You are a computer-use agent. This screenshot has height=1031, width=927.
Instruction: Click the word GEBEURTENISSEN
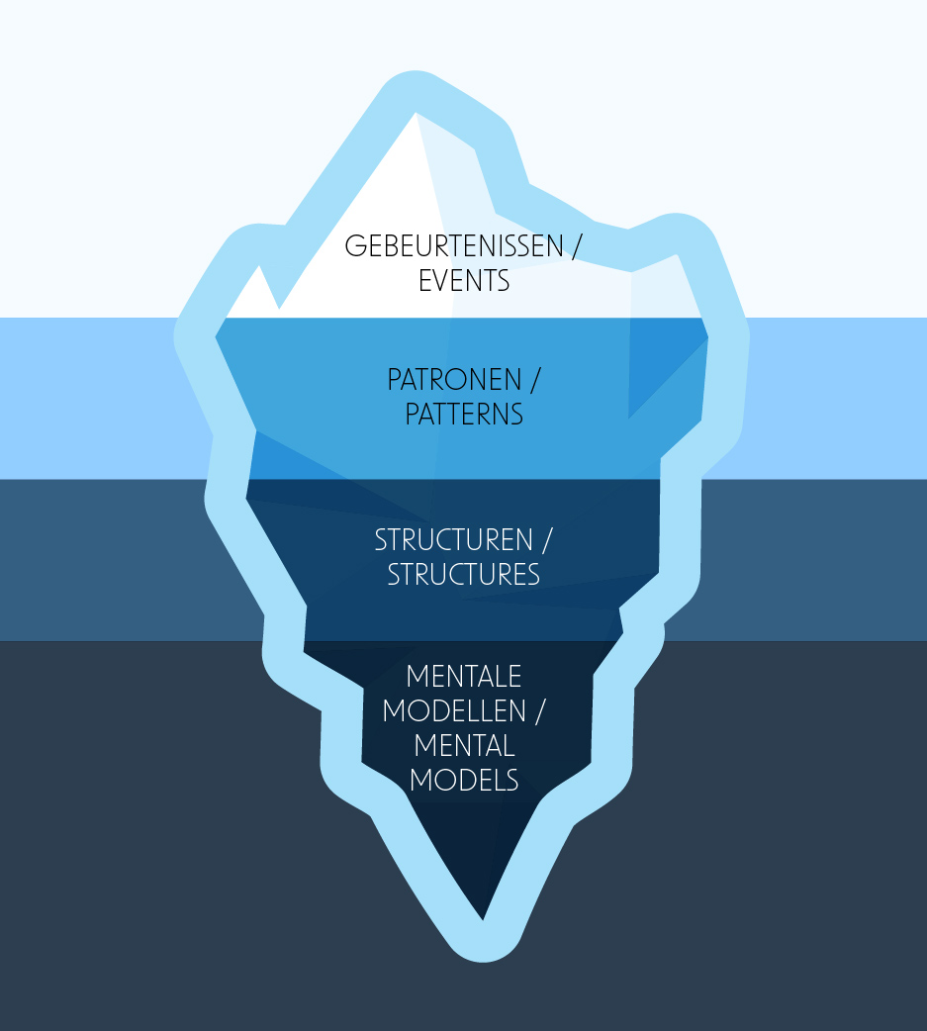click(x=453, y=247)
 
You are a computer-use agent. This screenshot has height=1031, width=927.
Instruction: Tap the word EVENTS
click(x=464, y=281)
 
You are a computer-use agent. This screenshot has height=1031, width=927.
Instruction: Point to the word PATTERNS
click(x=464, y=415)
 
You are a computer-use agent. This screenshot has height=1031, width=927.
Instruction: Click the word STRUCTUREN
click(x=452, y=541)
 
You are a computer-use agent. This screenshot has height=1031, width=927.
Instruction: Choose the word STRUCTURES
click(x=464, y=575)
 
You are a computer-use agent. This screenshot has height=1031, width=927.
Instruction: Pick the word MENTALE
click(x=464, y=678)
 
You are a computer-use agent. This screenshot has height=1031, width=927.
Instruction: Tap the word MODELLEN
click(x=455, y=711)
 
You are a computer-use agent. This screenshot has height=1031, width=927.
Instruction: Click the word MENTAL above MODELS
click(x=464, y=745)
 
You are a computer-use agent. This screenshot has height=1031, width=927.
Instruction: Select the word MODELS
click(x=464, y=780)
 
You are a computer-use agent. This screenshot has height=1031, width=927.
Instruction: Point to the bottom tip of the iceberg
click(x=484, y=920)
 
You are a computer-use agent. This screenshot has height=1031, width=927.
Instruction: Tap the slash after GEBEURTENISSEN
click(x=576, y=247)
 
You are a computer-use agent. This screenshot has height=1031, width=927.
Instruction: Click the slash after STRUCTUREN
click(x=546, y=541)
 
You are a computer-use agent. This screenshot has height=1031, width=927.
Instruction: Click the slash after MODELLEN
click(x=540, y=711)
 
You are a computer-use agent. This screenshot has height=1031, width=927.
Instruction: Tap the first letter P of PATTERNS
click(x=413, y=415)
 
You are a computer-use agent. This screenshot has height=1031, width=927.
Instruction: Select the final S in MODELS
click(x=510, y=780)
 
